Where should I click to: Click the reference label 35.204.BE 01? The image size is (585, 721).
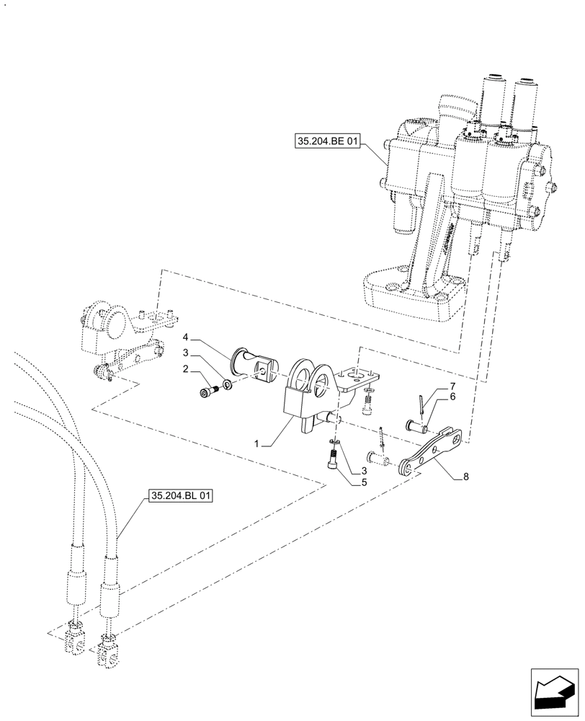(x=326, y=142)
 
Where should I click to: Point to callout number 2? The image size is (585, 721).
(x=186, y=369)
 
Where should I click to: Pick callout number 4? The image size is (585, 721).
(x=185, y=337)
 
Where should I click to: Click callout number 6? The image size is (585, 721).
(x=452, y=397)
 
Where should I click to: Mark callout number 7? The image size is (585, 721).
(x=452, y=387)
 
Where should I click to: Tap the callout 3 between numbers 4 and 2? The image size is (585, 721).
(x=185, y=353)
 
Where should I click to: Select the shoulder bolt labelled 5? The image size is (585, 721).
(x=334, y=457)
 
